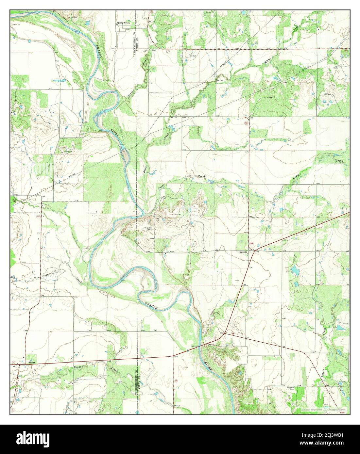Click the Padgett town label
tap(242, 252)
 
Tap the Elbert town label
tap(31, 363)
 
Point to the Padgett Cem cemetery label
tap(149, 229)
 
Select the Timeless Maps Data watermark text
tap(325, 409)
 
